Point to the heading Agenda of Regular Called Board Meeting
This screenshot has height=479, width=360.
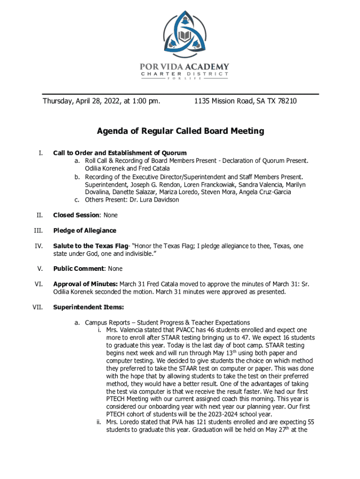pos(180,131)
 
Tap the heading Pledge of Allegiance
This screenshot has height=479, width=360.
pos(85,231)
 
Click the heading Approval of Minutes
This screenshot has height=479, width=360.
pos(86,284)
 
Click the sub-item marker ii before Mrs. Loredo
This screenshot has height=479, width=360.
pos(99,422)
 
